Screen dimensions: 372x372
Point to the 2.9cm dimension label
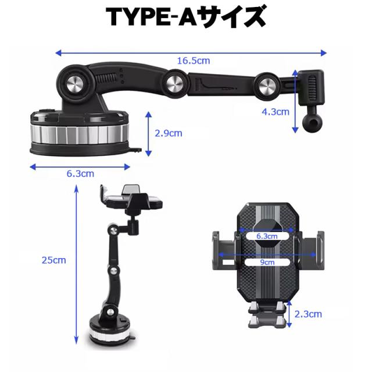click(169, 133)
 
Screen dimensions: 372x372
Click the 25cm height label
click(56, 260)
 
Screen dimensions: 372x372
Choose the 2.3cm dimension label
click(309, 314)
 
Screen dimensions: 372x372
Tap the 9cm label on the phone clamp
click(267, 263)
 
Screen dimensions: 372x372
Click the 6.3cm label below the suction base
click(80, 173)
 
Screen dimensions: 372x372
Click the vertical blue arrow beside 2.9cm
click(149, 134)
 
